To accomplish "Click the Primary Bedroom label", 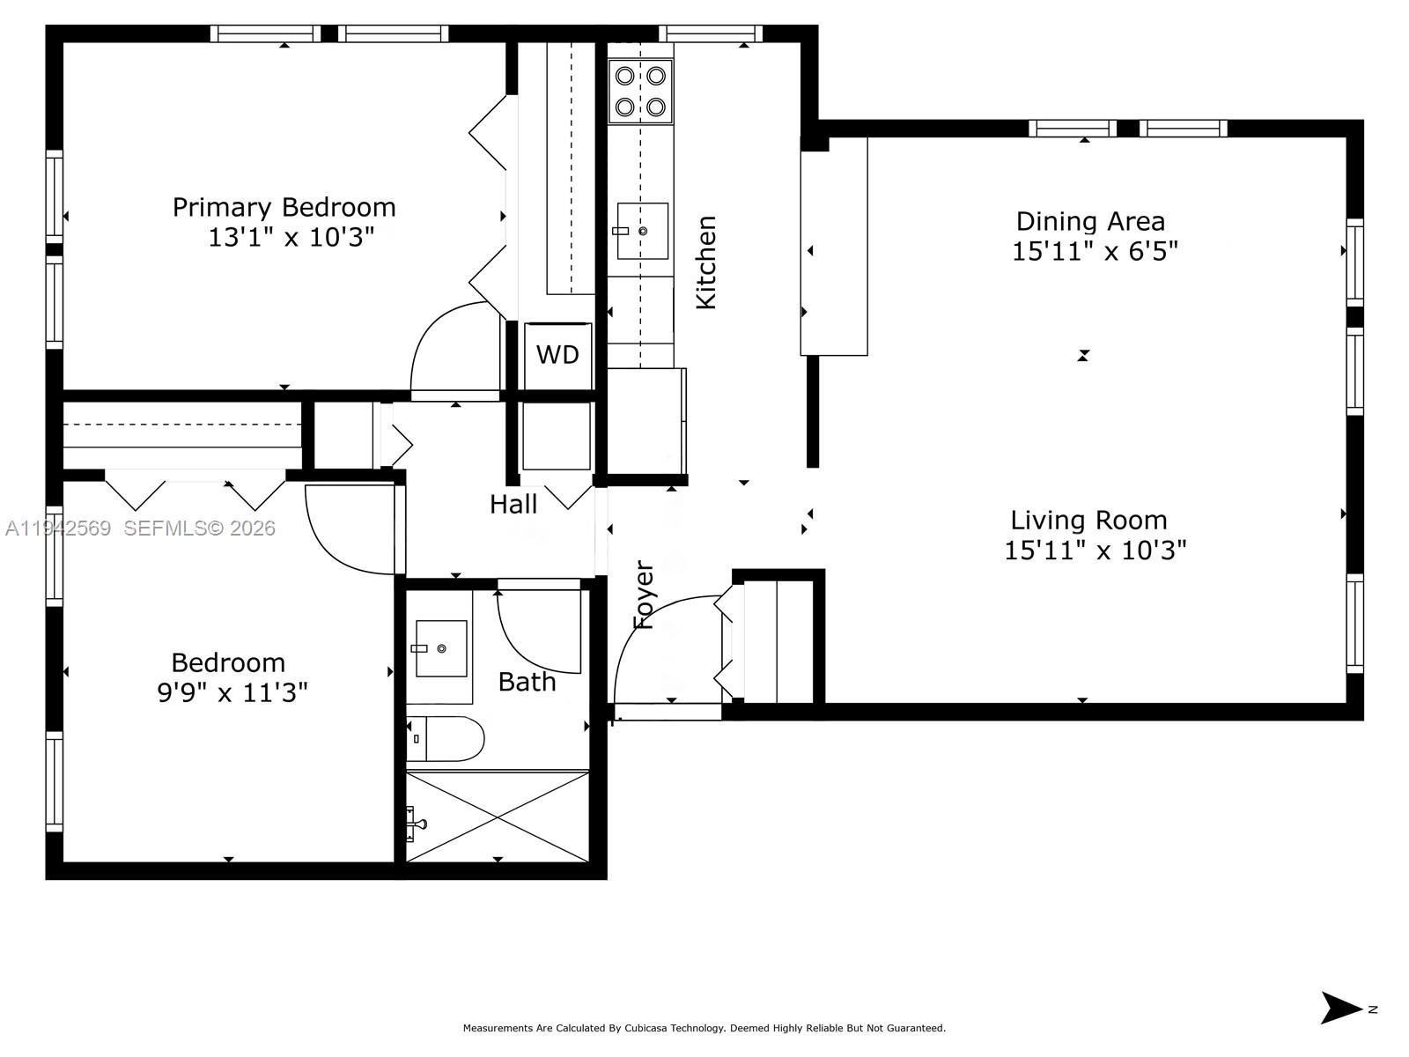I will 284,207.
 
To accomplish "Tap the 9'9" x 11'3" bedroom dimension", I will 232,693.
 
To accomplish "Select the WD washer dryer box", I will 557,355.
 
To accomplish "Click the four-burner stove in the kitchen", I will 640,92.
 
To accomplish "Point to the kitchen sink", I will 642,231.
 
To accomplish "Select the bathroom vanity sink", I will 440,648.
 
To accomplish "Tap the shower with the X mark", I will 498,817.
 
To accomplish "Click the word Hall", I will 513,505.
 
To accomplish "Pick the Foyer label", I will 645,595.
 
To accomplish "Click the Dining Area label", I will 1090,221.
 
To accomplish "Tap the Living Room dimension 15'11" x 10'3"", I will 1095,551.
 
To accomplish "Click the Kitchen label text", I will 706,262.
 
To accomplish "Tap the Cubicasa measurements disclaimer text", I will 704,1028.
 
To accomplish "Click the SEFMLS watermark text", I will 199,528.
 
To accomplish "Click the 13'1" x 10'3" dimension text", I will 291,238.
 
